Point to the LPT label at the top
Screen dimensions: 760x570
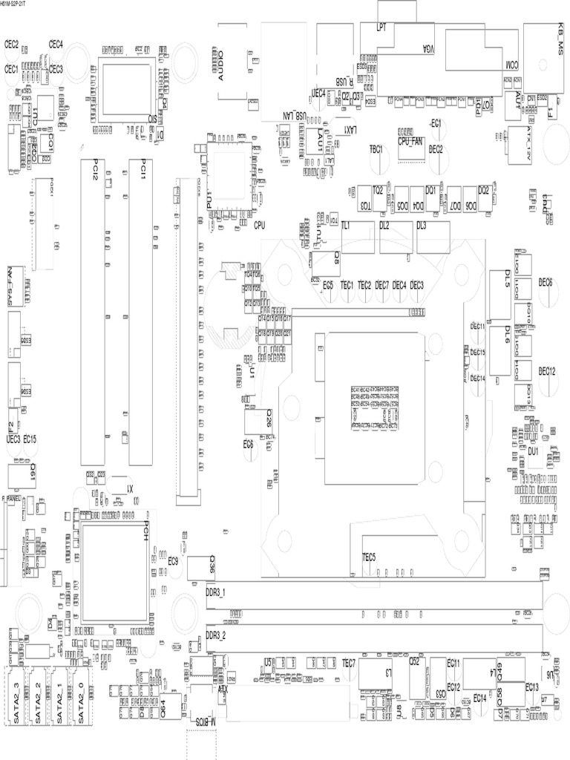381,27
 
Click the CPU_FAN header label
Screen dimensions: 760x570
410,140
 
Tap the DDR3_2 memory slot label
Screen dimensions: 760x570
215,636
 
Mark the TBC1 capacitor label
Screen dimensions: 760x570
376,149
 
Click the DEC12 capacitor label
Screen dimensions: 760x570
547,371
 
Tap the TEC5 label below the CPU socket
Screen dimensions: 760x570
369,557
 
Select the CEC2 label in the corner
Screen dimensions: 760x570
11,45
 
